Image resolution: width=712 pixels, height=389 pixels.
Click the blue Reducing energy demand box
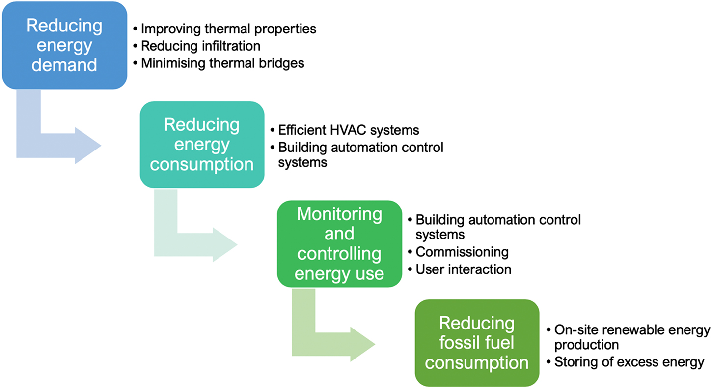coord(64,45)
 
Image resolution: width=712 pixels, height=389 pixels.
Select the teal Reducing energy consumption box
coord(202,145)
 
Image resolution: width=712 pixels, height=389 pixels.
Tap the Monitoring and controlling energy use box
coord(339,243)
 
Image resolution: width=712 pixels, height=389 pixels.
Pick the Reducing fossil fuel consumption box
coord(476,343)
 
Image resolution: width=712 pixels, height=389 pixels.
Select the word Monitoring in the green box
coord(339,214)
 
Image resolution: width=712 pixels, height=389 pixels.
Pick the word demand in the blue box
coord(64,64)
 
